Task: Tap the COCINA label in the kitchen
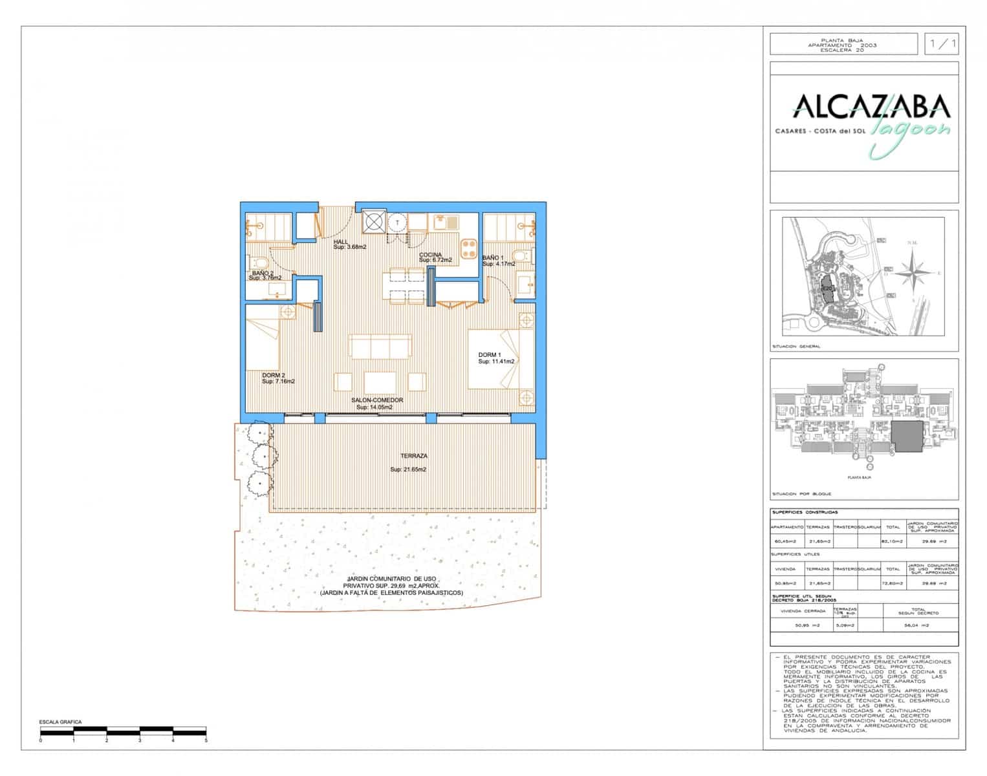[431, 255]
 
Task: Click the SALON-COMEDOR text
[377, 400]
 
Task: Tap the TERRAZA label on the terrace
[414, 456]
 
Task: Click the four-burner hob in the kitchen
[469, 248]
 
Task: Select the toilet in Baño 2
[259, 262]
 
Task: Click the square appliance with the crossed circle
[373, 222]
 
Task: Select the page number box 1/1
[942, 44]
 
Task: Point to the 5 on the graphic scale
[206, 739]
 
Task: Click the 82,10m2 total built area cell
[893, 541]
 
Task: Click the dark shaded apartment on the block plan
[909, 437]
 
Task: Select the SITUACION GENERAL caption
[796, 346]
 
